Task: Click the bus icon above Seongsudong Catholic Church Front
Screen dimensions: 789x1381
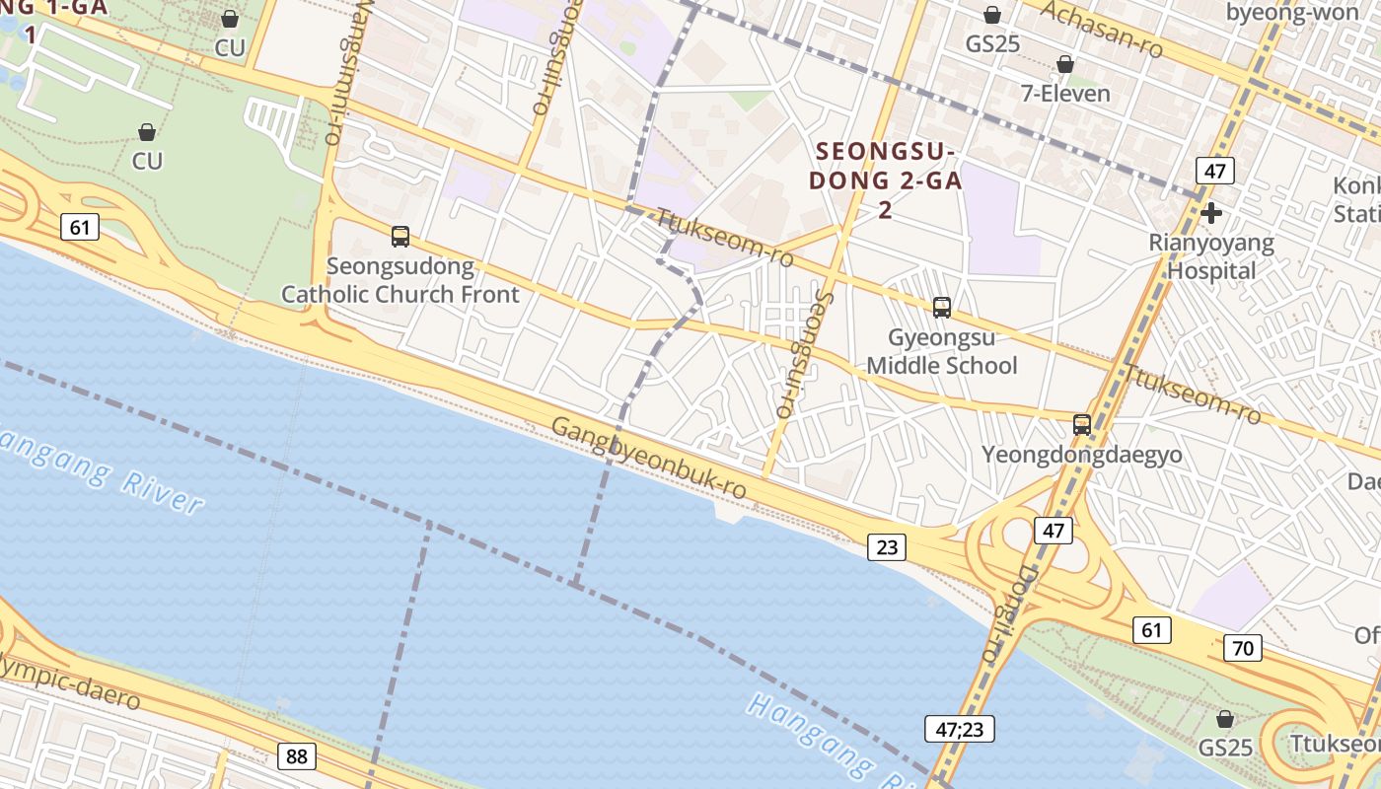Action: click(400, 237)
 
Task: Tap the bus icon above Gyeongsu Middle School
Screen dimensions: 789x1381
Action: click(942, 308)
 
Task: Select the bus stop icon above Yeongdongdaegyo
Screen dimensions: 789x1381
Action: click(1082, 425)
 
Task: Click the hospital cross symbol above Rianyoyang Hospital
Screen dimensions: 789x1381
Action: click(1211, 212)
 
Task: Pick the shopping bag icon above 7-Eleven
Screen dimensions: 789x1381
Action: click(1065, 65)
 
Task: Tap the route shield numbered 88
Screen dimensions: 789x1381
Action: click(297, 756)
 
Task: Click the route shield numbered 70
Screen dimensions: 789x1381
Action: click(1243, 648)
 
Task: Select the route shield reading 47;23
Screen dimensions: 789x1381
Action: click(959, 729)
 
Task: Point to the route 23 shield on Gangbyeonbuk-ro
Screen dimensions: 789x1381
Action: click(887, 546)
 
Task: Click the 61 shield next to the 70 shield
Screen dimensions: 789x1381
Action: click(1152, 629)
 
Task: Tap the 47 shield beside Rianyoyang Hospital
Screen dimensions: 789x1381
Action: click(1215, 171)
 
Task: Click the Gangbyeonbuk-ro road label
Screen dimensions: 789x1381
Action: click(648, 458)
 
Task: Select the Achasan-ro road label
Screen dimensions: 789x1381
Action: click(1102, 28)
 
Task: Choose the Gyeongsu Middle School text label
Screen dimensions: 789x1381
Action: click(941, 351)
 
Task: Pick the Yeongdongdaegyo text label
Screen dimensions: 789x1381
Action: click(1081, 456)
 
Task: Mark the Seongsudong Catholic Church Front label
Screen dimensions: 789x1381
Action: click(400, 280)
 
